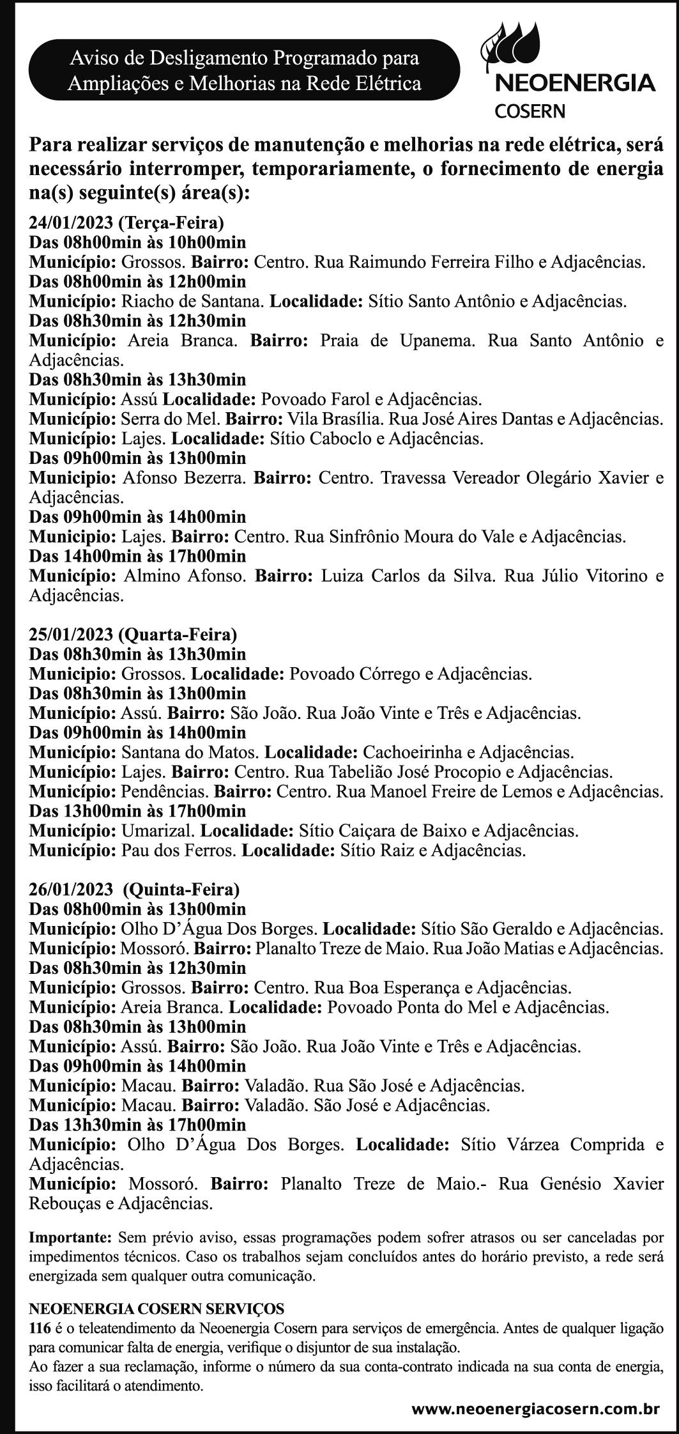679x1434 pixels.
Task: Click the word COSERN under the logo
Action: coord(530,111)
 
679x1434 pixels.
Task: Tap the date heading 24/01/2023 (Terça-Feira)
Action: coord(126,222)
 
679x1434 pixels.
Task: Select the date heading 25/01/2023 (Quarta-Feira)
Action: coord(133,635)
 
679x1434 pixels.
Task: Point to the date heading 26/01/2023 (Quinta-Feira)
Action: coord(135,889)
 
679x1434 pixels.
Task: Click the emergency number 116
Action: coord(40,1327)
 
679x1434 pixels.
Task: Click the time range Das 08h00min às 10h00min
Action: coord(137,242)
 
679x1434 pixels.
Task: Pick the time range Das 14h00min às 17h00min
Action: coord(137,556)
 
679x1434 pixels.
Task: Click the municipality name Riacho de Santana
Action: coord(191,301)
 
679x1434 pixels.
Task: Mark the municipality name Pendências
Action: coord(164,792)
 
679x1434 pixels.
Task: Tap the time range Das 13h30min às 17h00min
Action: coord(137,1125)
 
